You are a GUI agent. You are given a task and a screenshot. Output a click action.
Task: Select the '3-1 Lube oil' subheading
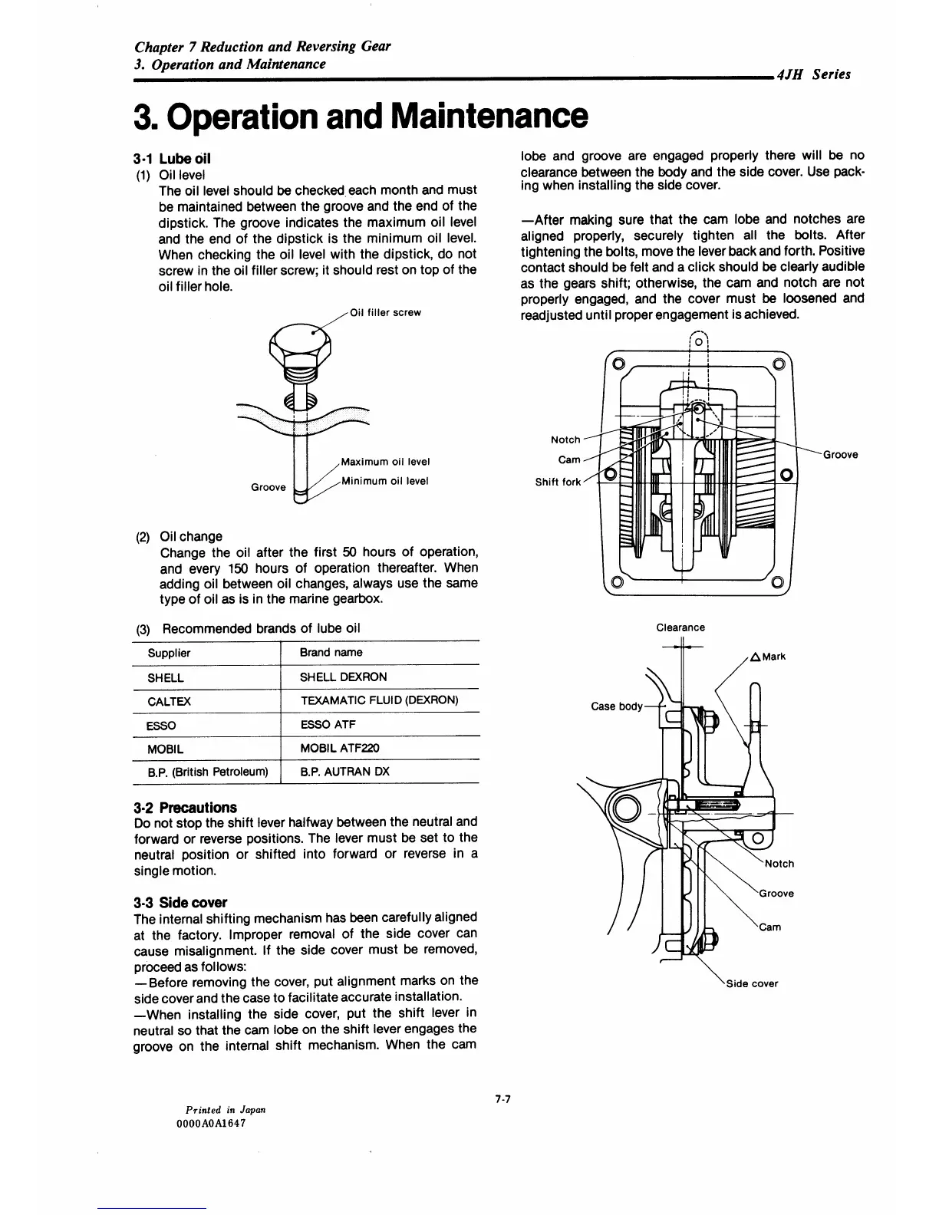pyautogui.click(x=171, y=159)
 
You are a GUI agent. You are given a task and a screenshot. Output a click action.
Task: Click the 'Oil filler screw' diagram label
pyautogui.click(x=385, y=312)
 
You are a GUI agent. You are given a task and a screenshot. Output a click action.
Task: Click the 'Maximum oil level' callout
pyautogui.click(x=384, y=462)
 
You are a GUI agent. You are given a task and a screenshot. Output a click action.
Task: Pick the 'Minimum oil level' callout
pyautogui.click(x=384, y=481)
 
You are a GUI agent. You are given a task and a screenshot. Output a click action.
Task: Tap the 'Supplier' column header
pyautogui.click(x=169, y=654)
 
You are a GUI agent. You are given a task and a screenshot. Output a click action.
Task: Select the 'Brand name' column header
pyautogui.click(x=331, y=653)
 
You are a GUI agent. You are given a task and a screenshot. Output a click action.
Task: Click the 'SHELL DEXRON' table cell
pyautogui.click(x=343, y=677)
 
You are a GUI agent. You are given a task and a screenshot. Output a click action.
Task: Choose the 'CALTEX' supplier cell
pyautogui.click(x=169, y=702)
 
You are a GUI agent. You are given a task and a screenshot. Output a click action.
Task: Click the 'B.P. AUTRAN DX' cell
pyautogui.click(x=344, y=772)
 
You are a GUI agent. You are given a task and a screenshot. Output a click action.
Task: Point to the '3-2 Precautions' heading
pyautogui.click(x=185, y=808)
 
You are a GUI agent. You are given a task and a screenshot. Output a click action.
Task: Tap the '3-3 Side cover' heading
pyautogui.click(x=180, y=902)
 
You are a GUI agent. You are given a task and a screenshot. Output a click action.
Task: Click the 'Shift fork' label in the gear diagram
pyautogui.click(x=558, y=482)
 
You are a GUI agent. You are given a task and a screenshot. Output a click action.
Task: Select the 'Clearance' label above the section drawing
pyautogui.click(x=680, y=627)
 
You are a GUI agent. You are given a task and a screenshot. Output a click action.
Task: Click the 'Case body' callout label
pyautogui.click(x=616, y=706)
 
